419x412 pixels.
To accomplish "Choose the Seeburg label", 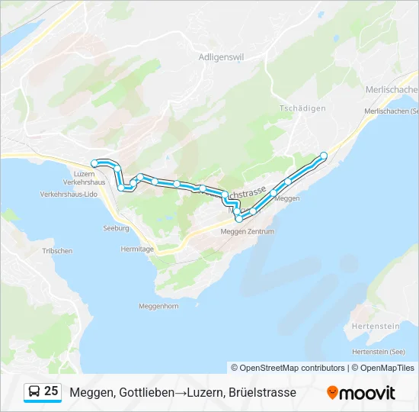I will (x=115, y=228).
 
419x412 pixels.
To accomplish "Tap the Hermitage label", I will (x=137, y=249).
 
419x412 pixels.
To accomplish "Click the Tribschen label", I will (x=57, y=251).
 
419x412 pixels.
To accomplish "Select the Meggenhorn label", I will (x=158, y=306).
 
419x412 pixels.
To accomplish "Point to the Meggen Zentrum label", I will (x=246, y=231).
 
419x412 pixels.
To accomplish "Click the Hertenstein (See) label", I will (x=379, y=352).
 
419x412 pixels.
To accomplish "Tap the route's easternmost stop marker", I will (x=324, y=156).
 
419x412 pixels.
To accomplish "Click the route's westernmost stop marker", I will (x=94, y=163).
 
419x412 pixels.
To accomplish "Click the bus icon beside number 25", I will (x=34, y=392).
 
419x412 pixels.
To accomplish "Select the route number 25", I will (x=51, y=391).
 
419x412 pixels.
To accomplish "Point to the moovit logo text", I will (x=368, y=393).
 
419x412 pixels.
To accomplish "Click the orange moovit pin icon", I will (x=332, y=393).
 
